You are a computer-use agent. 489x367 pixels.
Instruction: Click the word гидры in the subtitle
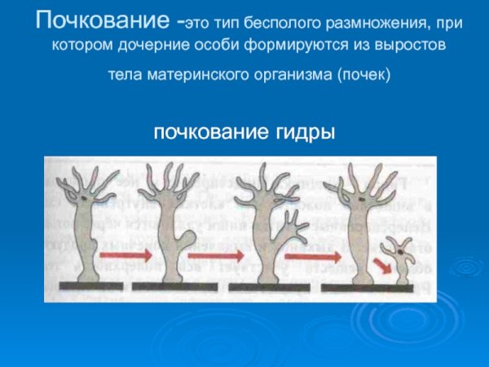pos(306,131)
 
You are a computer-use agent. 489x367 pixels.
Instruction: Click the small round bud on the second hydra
pos(188,239)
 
